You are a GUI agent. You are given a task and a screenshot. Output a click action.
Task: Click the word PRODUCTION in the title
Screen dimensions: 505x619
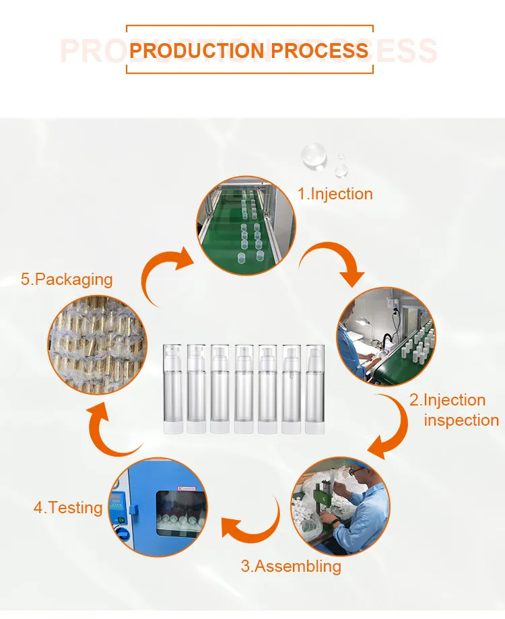pos(197,51)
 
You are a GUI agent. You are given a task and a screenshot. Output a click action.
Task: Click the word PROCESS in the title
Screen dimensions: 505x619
pos(320,51)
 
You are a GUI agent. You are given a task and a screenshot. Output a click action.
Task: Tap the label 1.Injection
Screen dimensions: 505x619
pos(335,194)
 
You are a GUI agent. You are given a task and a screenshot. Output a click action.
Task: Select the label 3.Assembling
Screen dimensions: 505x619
pos(291,566)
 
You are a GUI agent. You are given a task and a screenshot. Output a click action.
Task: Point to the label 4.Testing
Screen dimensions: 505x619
pos(68,508)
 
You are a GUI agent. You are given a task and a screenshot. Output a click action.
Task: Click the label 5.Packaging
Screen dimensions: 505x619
pos(67,280)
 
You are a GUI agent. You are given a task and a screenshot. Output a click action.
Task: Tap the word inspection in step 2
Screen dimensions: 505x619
pos(461,420)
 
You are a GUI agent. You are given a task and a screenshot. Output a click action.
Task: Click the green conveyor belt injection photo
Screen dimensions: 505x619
pos(246,226)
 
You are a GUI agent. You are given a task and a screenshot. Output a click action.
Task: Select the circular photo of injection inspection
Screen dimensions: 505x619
pos(386,337)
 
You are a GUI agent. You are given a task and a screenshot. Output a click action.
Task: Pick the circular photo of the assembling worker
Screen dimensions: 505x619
pos(341,507)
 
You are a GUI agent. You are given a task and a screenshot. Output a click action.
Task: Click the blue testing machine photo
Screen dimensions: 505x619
pos(158,507)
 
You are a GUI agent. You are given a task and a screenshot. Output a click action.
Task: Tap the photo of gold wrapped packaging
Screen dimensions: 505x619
pos(97,345)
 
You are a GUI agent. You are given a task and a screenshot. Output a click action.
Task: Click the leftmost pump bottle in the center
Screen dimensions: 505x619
pos(173,389)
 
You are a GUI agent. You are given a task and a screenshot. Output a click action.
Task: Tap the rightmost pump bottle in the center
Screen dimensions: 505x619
pos(315,389)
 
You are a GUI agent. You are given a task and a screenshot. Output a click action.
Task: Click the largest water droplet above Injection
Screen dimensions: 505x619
pos(314,156)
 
